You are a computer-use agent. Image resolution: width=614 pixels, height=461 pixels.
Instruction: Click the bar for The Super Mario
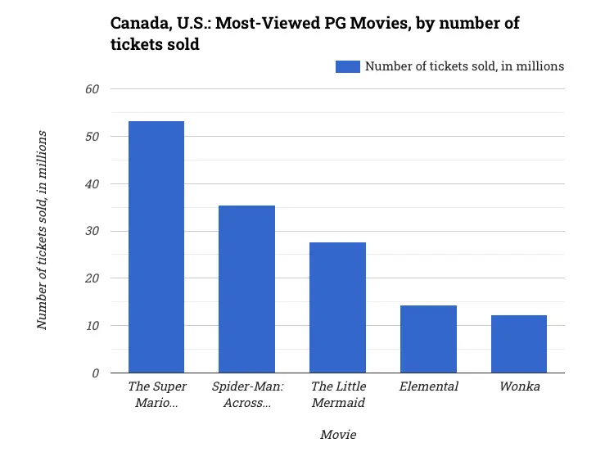156,247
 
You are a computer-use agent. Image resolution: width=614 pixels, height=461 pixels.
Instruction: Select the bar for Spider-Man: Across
246,289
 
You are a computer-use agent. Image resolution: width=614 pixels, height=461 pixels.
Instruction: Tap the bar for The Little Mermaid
337,308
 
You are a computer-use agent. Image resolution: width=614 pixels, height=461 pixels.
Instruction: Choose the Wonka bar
519,344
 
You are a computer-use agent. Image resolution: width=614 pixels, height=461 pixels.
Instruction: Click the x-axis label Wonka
519,386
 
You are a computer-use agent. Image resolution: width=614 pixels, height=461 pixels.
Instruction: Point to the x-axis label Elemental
428,386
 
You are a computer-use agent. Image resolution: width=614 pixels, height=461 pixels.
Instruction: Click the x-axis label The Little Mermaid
337,394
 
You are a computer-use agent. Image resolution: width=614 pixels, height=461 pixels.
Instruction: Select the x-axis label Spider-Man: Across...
246,394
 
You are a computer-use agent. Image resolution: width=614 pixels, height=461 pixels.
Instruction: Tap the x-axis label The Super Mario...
156,394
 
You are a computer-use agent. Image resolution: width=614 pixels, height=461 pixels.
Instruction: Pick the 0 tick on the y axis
95,373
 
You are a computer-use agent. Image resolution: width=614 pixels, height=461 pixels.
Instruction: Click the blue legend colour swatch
348,66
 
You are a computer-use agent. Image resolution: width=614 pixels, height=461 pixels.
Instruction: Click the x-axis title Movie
337,435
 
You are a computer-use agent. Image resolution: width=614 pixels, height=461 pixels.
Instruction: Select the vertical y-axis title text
42,230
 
